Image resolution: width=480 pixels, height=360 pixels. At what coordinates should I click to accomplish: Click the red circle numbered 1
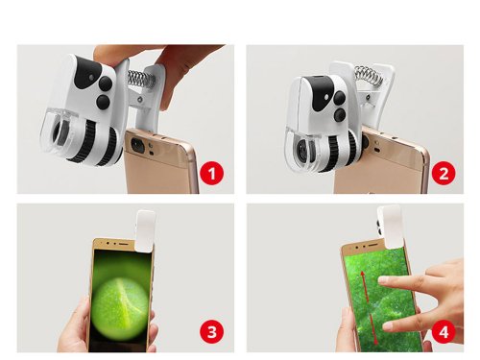pyautogui.click(x=214, y=174)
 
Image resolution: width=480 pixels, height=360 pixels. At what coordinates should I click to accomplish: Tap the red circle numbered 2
pyautogui.click(x=442, y=174)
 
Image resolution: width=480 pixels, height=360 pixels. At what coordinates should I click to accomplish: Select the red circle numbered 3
pyautogui.click(x=214, y=332)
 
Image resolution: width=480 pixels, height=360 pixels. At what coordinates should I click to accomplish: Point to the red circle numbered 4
pyautogui.click(x=442, y=332)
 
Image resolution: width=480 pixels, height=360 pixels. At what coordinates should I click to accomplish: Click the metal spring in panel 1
pyautogui.click(x=140, y=76)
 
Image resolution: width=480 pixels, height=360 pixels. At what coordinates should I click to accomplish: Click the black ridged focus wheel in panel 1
pyautogui.click(x=108, y=144)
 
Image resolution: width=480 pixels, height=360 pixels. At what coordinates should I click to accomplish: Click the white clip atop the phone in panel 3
pyautogui.click(x=146, y=227)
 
